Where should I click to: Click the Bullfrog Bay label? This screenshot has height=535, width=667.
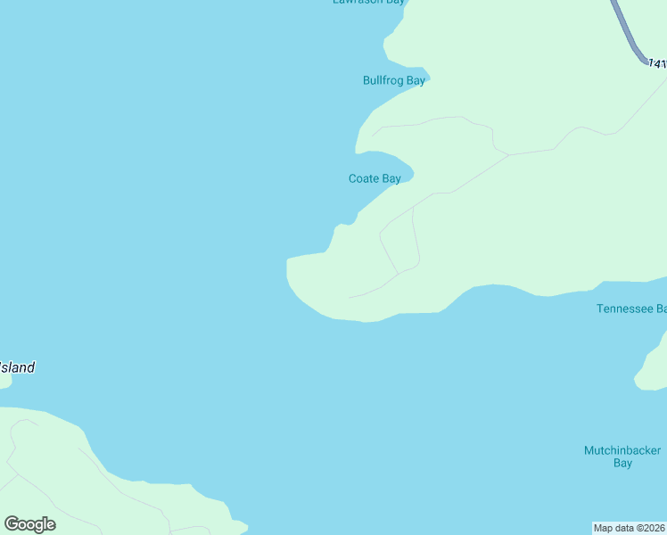[393, 80]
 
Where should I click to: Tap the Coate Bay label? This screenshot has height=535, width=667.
[375, 178]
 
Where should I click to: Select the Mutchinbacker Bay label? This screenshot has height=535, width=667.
[622, 457]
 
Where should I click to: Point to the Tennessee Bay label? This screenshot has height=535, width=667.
[630, 309]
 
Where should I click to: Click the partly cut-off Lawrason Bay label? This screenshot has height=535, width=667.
[368, 3]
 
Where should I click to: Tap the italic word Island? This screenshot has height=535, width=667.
[18, 367]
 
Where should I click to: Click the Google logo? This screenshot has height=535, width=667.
[29, 524]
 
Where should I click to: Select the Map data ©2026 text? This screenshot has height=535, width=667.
[629, 527]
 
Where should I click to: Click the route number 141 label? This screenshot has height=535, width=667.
[657, 64]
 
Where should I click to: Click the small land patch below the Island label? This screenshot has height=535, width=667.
[4, 380]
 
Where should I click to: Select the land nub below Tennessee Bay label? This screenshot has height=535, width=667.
[650, 370]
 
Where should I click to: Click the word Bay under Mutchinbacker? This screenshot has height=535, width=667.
[622, 464]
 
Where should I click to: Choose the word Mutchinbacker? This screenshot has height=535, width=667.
[622, 450]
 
